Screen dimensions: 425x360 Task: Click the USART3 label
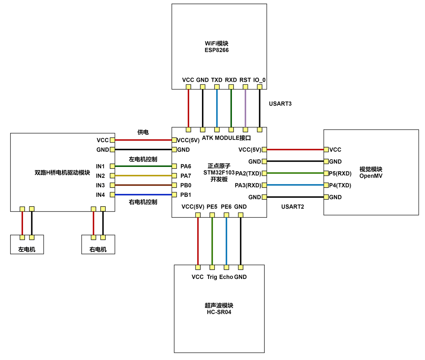point(280,103)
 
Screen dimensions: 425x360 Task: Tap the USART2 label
point(292,207)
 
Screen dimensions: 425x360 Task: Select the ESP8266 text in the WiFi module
point(216,50)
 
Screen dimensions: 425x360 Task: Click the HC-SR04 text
point(219,312)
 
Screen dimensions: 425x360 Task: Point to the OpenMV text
point(371,176)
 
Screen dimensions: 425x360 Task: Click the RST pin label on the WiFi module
point(245,80)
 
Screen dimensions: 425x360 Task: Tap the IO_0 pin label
point(259,80)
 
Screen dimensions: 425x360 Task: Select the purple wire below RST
point(245,108)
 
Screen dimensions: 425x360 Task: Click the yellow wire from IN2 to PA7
point(143,176)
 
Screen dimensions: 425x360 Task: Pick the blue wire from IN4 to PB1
point(143,194)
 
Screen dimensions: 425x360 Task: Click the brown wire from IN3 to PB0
point(143,185)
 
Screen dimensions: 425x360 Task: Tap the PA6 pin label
point(186,166)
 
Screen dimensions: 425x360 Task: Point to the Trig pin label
point(212,277)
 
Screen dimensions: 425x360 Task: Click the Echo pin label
point(226,277)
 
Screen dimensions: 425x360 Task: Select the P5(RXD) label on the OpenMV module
point(340,173)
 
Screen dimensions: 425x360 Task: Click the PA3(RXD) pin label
point(248,186)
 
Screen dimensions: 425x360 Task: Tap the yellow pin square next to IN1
point(112,166)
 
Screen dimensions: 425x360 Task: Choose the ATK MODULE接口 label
point(226,138)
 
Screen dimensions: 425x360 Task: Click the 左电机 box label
point(27,249)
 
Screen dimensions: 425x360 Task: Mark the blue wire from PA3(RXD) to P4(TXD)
point(295,185)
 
